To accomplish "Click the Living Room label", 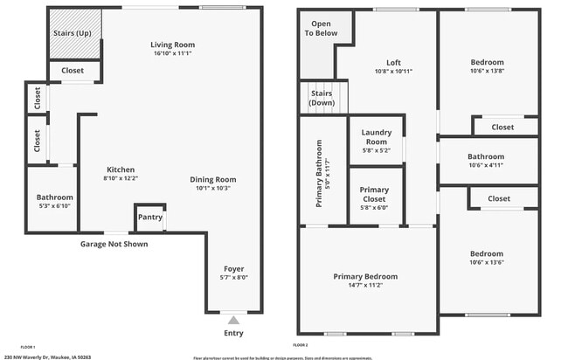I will pos(172,45).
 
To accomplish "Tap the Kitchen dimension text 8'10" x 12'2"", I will pos(121,178).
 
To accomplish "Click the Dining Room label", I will pos(213,179).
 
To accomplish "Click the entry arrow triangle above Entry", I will pos(232,321).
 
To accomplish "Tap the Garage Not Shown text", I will pos(114,244).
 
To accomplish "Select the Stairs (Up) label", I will pos(75,34).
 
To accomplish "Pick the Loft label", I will pos(394,62).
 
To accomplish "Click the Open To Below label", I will pos(321,28).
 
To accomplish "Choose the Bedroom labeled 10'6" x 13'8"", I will pos(487,62).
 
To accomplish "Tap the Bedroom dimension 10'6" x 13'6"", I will pos(487,261).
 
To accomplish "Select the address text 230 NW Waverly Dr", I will pos(48,357).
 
